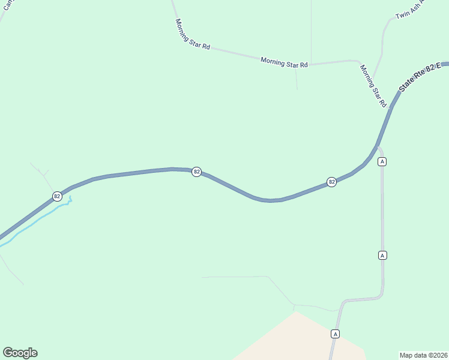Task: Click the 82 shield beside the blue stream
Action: [x=57, y=196]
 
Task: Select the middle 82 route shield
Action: [x=196, y=172]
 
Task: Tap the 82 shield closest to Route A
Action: [x=331, y=182]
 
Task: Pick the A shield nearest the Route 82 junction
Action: [x=382, y=161]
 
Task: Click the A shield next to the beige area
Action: [x=336, y=334]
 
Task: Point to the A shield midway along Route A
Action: [x=382, y=255]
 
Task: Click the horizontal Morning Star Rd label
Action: [x=284, y=62]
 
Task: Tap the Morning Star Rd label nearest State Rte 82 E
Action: [x=373, y=85]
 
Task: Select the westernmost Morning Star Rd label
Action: [x=192, y=34]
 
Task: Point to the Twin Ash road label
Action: [x=410, y=9]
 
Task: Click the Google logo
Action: [x=20, y=353]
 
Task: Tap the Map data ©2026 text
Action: [x=423, y=355]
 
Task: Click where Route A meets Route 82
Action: [x=378, y=146]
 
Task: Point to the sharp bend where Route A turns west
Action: [x=381, y=295]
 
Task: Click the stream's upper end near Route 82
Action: [x=70, y=197]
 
